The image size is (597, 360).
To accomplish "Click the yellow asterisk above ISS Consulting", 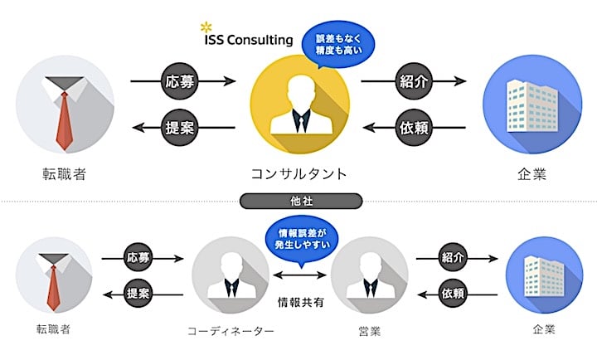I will point(218,26).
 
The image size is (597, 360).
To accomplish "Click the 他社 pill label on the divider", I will point(299,200).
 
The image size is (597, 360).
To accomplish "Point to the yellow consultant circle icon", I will point(298,105).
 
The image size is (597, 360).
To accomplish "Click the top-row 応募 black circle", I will point(180,82).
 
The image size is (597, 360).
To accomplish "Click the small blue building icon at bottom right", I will point(541,269).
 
